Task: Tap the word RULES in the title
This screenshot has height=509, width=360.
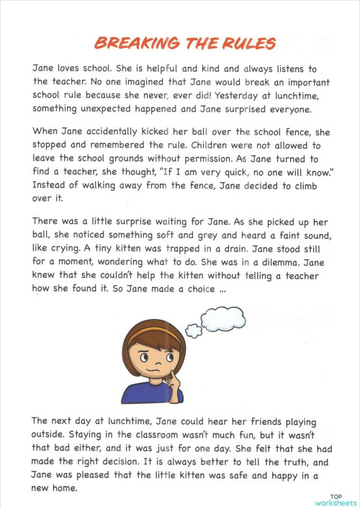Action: (x=245, y=43)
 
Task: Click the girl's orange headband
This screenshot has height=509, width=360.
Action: (x=154, y=333)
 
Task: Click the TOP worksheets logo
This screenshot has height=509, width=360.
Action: (x=336, y=500)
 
